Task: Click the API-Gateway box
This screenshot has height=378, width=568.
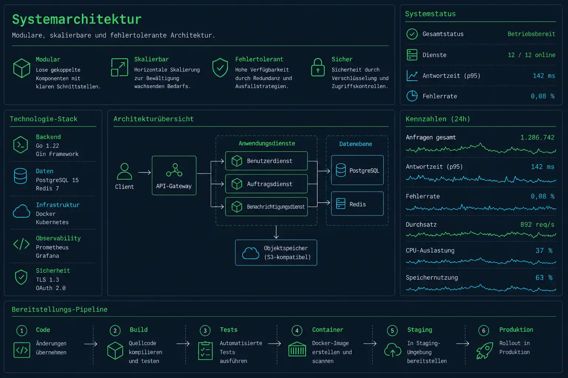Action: point(174,175)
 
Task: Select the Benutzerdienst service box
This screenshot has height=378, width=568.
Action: point(266,161)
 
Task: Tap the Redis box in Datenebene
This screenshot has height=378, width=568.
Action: point(357,203)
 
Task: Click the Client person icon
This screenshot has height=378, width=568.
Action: point(124,171)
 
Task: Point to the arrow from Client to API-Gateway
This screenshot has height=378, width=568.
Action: point(144,172)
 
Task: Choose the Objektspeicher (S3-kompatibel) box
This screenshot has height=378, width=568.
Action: point(276,252)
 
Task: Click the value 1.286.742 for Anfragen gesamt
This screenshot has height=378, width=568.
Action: point(537,137)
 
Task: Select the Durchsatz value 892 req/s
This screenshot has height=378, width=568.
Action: point(537,224)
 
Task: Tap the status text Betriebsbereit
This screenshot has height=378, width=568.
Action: point(531,34)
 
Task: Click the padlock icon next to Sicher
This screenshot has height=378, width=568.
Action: point(318,67)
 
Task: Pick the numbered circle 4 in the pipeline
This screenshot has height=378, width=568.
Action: point(297,330)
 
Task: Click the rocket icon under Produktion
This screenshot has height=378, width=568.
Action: point(484,350)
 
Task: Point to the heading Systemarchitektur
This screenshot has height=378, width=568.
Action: point(77,19)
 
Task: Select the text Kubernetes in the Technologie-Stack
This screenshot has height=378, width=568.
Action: point(52,222)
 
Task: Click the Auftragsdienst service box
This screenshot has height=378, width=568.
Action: point(266,184)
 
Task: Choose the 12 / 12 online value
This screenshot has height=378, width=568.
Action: point(531,55)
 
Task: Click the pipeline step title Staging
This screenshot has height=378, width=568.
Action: point(420,330)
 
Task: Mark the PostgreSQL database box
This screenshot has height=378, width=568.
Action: point(357,170)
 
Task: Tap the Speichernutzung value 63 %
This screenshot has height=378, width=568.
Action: point(544,278)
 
